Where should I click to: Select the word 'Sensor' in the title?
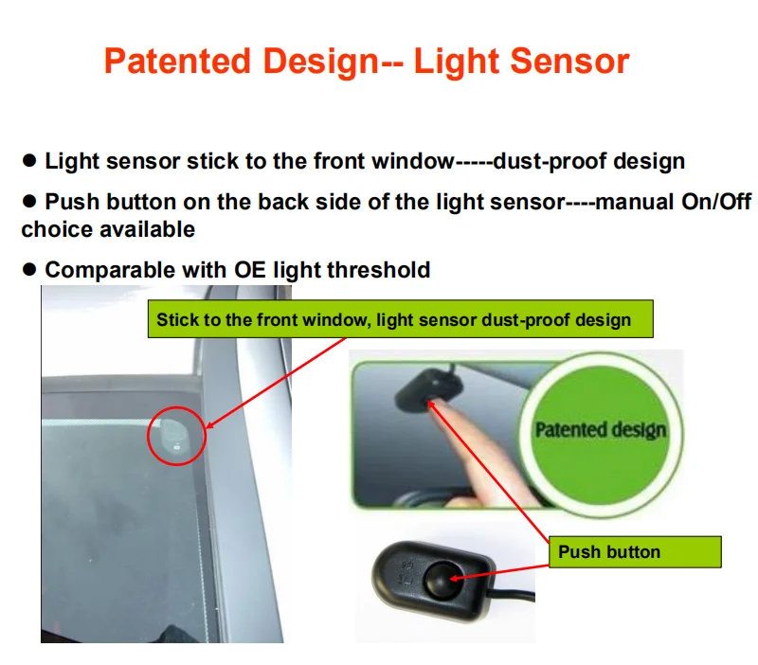571,62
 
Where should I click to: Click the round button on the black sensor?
440,576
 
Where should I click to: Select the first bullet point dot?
29,161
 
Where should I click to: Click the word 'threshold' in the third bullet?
378,270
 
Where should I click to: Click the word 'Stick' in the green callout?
176,319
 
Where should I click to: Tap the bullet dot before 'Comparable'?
29,270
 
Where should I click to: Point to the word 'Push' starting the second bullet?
69,202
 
